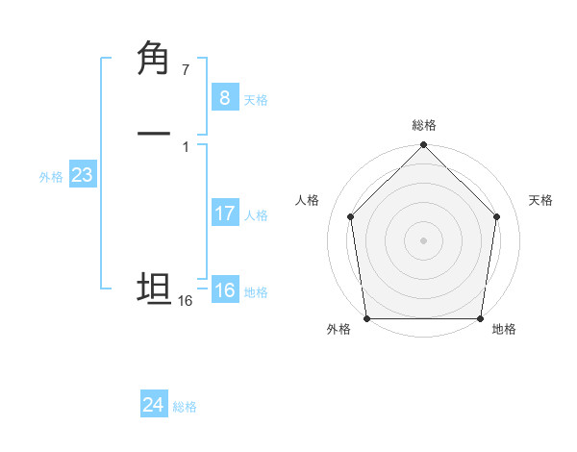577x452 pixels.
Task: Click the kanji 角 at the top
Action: pyautogui.click(x=155, y=59)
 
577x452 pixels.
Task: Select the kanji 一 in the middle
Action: pyautogui.click(x=154, y=135)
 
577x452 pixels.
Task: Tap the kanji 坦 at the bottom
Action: pyautogui.click(x=154, y=289)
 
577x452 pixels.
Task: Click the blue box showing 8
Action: pyautogui.click(x=224, y=97)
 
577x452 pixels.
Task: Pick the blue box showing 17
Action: pyautogui.click(x=224, y=213)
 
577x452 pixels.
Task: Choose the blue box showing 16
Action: pyautogui.click(x=224, y=290)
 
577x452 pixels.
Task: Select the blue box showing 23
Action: pyautogui.click(x=82, y=176)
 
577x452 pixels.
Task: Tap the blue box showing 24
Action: pyautogui.click(x=154, y=405)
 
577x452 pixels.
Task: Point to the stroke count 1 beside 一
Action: pyautogui.click(x=185, y=147)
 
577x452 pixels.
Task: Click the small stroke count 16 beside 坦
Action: pyautogui.click(x=185, y=301)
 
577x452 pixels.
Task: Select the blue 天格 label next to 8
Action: pyautogui.click(x=256, y=100)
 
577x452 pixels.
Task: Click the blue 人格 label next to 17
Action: pyautogui.click(x=256, y=215)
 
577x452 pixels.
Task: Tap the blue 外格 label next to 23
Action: pyautogui.click(x=51, y=177)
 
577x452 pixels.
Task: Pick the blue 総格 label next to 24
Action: pyautogui.click(x=185, y=407)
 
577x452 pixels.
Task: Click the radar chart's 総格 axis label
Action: pyautogui.click(x=423, y=125)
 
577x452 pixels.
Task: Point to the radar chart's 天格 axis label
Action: pyautogui.click(x=540, y=200)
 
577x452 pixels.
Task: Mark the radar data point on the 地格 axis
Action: pyautogui.click(x=480, y=318)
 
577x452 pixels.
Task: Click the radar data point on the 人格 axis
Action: pyautogui.click(x=350, y=216)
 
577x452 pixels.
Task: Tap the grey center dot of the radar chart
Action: pyautogui.click(x=423, y=239)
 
